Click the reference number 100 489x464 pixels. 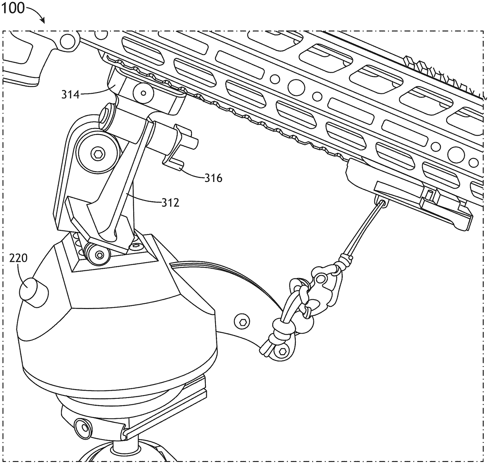[13, 9]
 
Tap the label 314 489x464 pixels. [71, 95]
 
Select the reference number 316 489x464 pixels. [214, 178]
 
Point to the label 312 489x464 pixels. [170, 203]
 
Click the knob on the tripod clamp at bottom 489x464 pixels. [84, 428]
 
